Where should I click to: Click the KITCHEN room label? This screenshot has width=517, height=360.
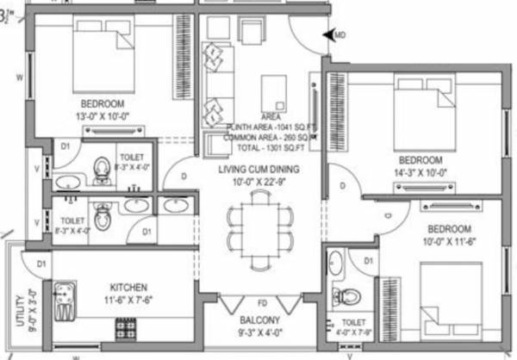[128, 287]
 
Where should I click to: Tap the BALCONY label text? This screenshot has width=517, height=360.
[258, 320]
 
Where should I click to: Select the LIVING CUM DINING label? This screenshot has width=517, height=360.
[257, 170]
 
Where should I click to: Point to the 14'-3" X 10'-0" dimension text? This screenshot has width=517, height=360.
[420, 172]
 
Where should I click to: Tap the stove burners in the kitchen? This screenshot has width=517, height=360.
[125, 327]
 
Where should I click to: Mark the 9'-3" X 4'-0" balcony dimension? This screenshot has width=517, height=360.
[258, 331]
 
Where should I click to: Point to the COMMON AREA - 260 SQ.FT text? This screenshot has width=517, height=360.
[268, 137]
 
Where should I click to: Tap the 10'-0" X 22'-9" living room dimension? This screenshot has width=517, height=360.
[257, 182]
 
